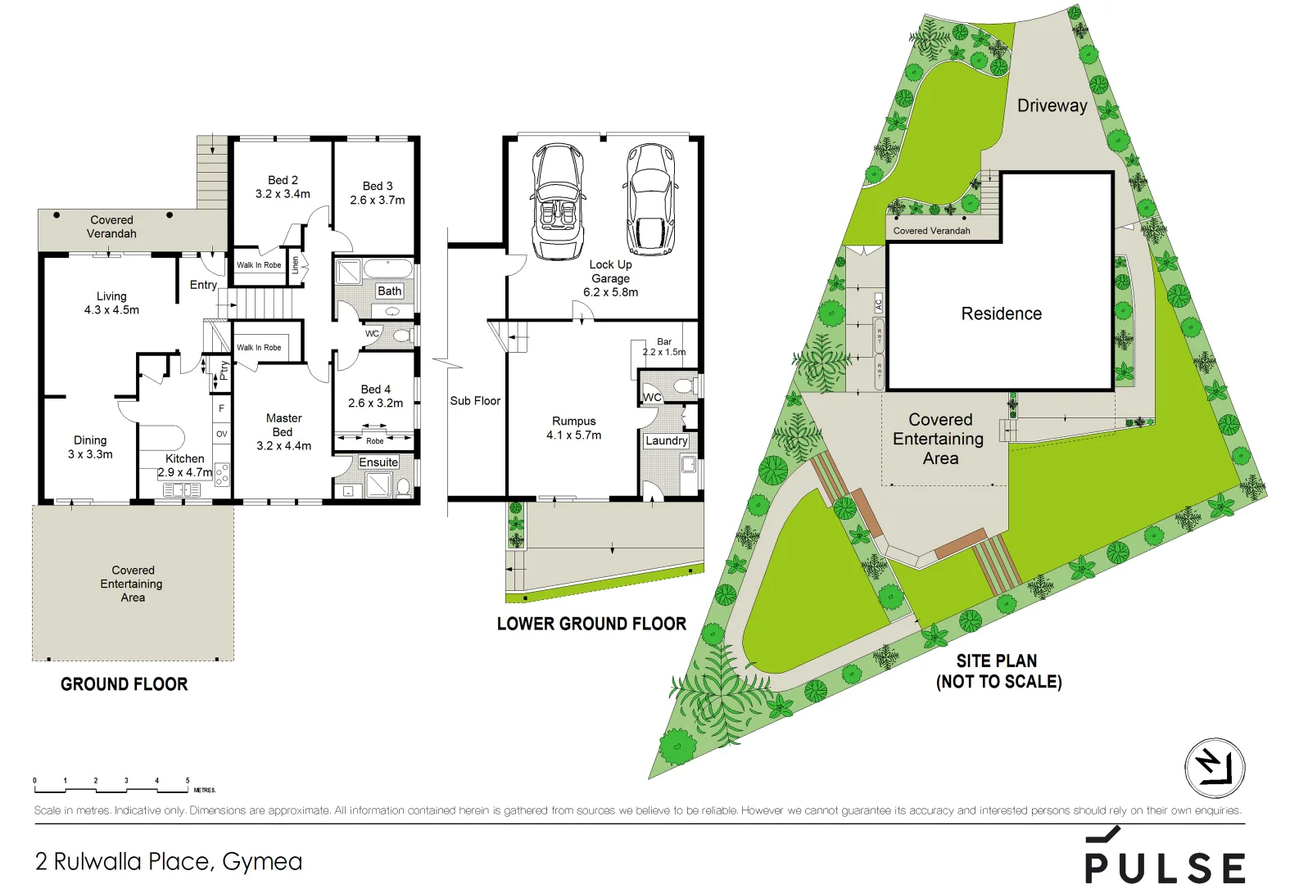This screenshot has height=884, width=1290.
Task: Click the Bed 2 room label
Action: [283, 180]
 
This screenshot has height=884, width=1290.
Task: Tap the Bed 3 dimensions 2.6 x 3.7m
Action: [377, 200]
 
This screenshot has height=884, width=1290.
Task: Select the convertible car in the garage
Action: [559, 201]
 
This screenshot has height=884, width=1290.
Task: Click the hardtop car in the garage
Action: [651, 200]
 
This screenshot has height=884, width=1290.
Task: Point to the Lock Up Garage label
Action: [610, 272]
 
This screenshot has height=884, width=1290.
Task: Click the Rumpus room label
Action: [573, 422]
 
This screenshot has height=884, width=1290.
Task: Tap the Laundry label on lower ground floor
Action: [666, 440]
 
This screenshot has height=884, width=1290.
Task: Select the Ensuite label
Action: [378, 462]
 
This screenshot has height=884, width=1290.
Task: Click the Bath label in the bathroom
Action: [389, 291]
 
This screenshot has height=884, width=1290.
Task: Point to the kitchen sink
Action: [182, 489]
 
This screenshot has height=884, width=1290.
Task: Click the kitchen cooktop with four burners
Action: [222, 474]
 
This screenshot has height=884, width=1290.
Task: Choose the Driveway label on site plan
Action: [1052, 106]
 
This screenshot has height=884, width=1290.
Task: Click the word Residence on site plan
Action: [1001, 313]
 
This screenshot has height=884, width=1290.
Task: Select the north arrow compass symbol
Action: [1215, 768]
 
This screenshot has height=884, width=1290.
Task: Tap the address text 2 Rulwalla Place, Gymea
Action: [169, 861]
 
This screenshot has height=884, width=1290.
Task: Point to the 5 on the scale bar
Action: [188, 781]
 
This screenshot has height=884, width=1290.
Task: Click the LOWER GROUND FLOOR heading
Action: [591, 624]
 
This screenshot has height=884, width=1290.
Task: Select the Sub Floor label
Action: [475, 401]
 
